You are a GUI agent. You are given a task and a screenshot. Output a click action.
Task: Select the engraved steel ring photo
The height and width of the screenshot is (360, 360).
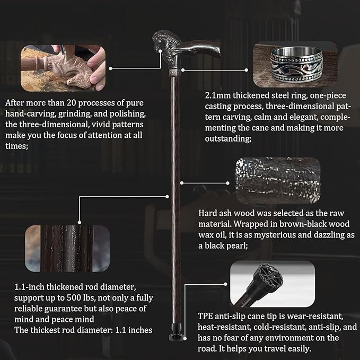(295, 65)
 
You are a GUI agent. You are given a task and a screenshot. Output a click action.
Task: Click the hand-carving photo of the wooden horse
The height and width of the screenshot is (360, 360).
(63, 68)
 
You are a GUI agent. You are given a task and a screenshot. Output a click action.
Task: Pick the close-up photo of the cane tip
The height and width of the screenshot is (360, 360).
(273, 284)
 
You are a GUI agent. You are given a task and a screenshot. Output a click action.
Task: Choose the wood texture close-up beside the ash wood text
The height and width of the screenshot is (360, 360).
(278, 180)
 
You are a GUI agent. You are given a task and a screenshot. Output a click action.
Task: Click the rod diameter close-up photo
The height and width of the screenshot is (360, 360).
(67, 249)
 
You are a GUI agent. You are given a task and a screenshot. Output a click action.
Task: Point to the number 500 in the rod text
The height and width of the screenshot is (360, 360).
(74, 298)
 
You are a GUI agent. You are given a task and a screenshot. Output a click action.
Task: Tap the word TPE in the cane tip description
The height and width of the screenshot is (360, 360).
(205, 317)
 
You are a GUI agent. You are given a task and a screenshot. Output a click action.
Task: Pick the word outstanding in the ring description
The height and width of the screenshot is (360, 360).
(228, 139)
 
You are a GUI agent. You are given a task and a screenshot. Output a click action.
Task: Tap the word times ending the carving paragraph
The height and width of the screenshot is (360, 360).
(16, 146)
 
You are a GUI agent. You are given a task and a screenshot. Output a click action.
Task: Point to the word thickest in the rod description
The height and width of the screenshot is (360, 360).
(52, 330)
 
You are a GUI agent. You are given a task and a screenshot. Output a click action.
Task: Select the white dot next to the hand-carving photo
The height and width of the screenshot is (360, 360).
(110, 68)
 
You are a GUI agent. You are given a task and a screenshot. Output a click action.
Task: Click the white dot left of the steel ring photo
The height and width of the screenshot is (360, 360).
(247, 70)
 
